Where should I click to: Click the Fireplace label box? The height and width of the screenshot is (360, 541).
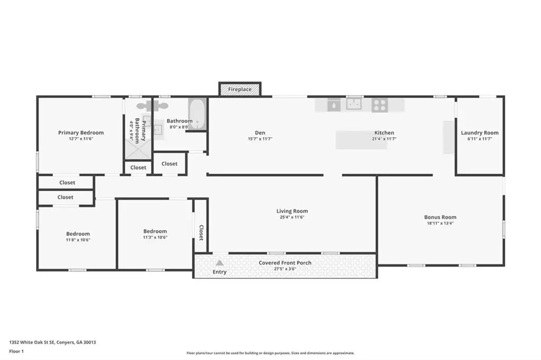point(240,89)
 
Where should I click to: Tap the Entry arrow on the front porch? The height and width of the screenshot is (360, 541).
point(219,263)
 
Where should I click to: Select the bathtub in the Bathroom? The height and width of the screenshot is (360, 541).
point(198,114)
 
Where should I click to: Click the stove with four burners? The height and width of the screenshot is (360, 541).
point(379,105)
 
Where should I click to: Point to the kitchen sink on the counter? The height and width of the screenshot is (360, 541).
point(353,104)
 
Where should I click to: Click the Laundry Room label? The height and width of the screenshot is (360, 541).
point(480,133)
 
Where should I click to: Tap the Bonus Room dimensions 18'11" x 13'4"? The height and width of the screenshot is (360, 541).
point(440,223)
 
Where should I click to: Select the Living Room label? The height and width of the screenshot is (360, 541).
point(292,211)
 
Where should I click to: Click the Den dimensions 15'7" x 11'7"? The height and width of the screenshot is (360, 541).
point(260,139)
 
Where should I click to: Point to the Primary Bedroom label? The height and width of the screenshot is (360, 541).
point(81,133)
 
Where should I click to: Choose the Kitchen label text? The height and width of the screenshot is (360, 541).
point(384,133)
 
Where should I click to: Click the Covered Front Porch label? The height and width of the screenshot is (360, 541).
point(285,263)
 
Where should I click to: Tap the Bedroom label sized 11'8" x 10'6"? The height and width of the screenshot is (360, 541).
point(78,234)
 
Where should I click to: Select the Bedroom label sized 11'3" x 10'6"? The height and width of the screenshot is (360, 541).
point(155,231)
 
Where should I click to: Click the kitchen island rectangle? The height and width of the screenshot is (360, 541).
point(361,140)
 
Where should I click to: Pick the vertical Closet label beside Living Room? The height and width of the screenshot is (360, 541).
point(201,233)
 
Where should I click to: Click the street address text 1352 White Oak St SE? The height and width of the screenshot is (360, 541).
point(32,343)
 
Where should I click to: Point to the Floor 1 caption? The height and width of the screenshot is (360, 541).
point(16,352)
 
